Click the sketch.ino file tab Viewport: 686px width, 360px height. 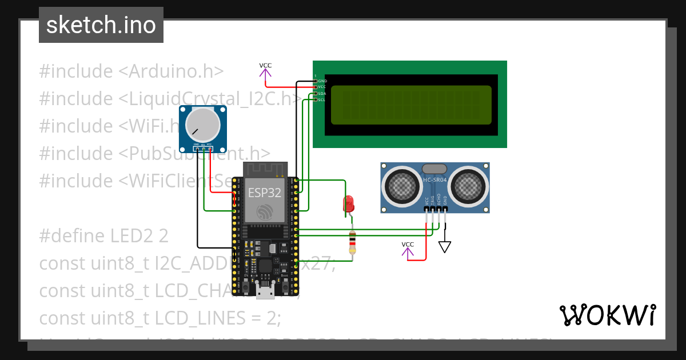click(101, 25)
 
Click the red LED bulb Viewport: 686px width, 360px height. click(348, 203)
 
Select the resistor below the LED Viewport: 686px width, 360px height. click(352, 243)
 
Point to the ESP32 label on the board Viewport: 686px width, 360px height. click(264, 193)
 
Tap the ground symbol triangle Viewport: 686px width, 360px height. click(445, 246)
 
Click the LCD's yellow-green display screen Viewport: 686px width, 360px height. click(410, 105)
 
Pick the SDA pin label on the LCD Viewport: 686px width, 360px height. click(321, 93)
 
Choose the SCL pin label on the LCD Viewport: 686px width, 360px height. click(321, 99)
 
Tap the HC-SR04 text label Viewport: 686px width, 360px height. click(435, 180)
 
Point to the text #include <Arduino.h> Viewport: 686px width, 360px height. click(131, 71)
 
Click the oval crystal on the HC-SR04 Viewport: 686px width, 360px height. click(435, 168)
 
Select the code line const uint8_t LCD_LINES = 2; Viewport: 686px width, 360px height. click(160, 318)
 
